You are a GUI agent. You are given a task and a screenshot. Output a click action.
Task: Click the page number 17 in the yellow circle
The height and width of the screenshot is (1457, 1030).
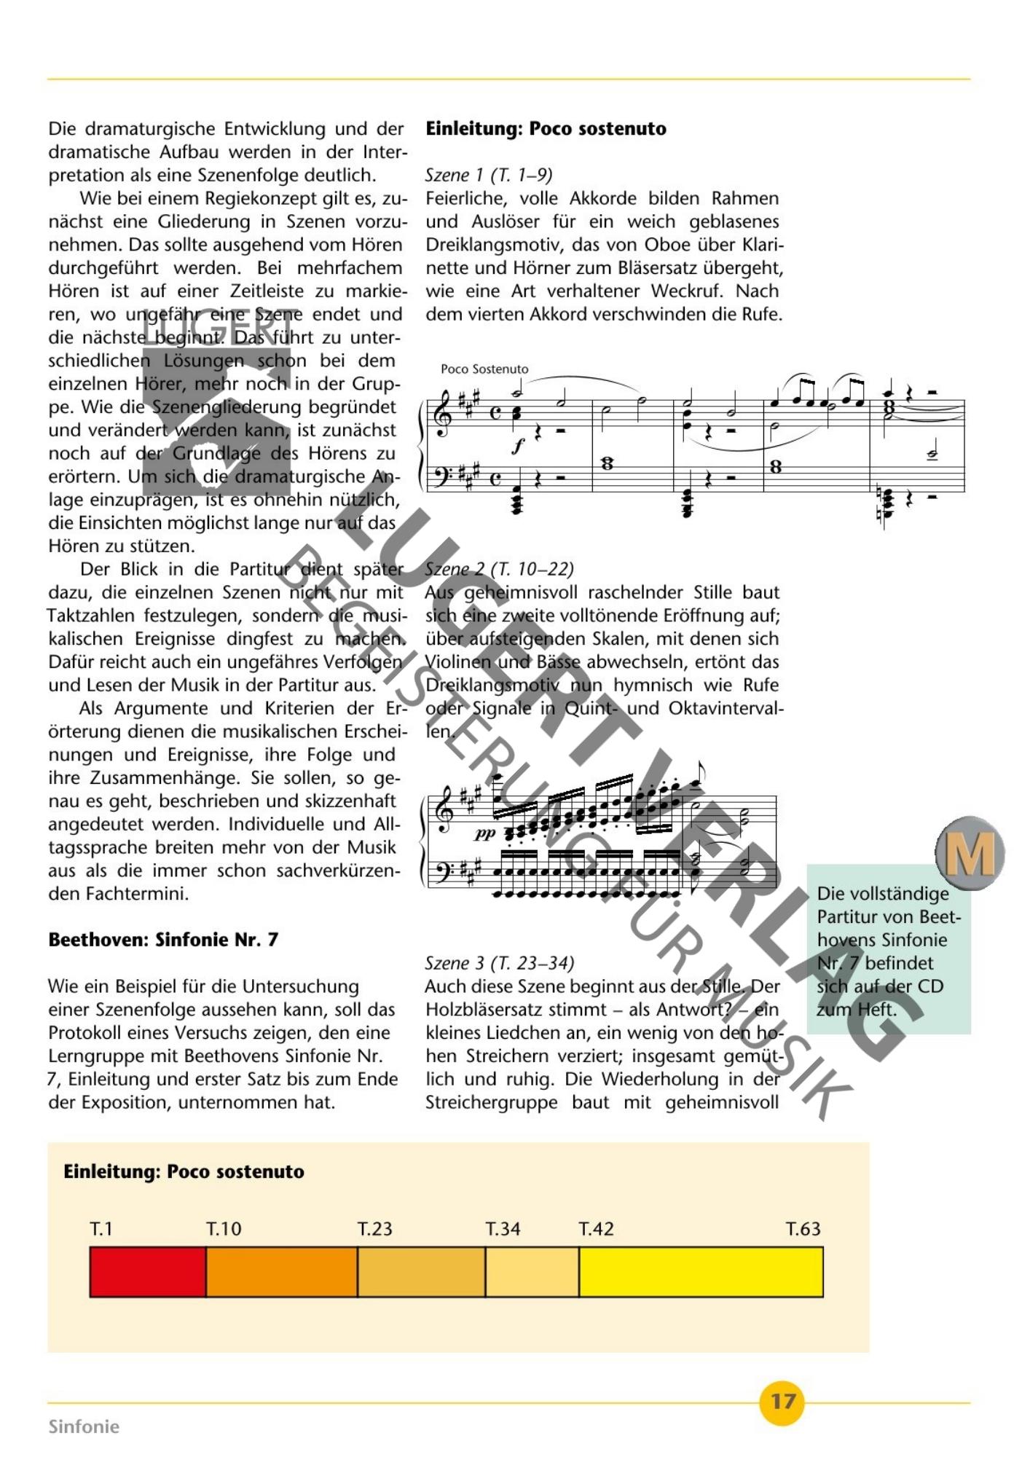pos(782,1401)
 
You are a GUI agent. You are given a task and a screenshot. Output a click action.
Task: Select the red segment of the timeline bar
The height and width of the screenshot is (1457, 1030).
pos(148,1272)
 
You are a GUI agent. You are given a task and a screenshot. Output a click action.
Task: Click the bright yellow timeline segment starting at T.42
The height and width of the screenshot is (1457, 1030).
pos(701,1272)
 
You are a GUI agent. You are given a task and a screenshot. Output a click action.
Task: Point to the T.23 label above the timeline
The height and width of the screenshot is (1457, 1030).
pos(374,1229)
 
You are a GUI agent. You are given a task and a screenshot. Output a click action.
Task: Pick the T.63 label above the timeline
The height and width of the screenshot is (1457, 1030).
pos(803,1229)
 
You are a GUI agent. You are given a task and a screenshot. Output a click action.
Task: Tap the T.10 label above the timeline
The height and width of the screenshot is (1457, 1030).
pos(224,1229)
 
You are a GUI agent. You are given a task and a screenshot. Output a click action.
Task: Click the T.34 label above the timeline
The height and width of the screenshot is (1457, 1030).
pos(503,1229)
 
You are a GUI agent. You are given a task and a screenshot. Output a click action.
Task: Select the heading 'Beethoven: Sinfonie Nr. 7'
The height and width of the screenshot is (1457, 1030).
pos(163,940)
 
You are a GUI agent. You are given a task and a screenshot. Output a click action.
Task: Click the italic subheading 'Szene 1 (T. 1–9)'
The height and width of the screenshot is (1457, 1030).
pos(489,175)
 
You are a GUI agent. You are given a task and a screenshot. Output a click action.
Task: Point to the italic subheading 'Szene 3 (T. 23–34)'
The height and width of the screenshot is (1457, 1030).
pos(500,963)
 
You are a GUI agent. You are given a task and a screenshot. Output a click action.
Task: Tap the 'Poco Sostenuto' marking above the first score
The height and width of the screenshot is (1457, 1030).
pos(484,369)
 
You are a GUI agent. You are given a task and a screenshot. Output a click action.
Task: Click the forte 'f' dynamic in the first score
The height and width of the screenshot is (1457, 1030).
pos(518,446)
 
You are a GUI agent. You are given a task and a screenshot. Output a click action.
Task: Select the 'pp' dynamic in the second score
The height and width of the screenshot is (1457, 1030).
pos(484,834)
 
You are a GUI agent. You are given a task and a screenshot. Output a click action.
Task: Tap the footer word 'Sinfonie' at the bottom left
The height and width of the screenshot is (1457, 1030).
pos(84,1426)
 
